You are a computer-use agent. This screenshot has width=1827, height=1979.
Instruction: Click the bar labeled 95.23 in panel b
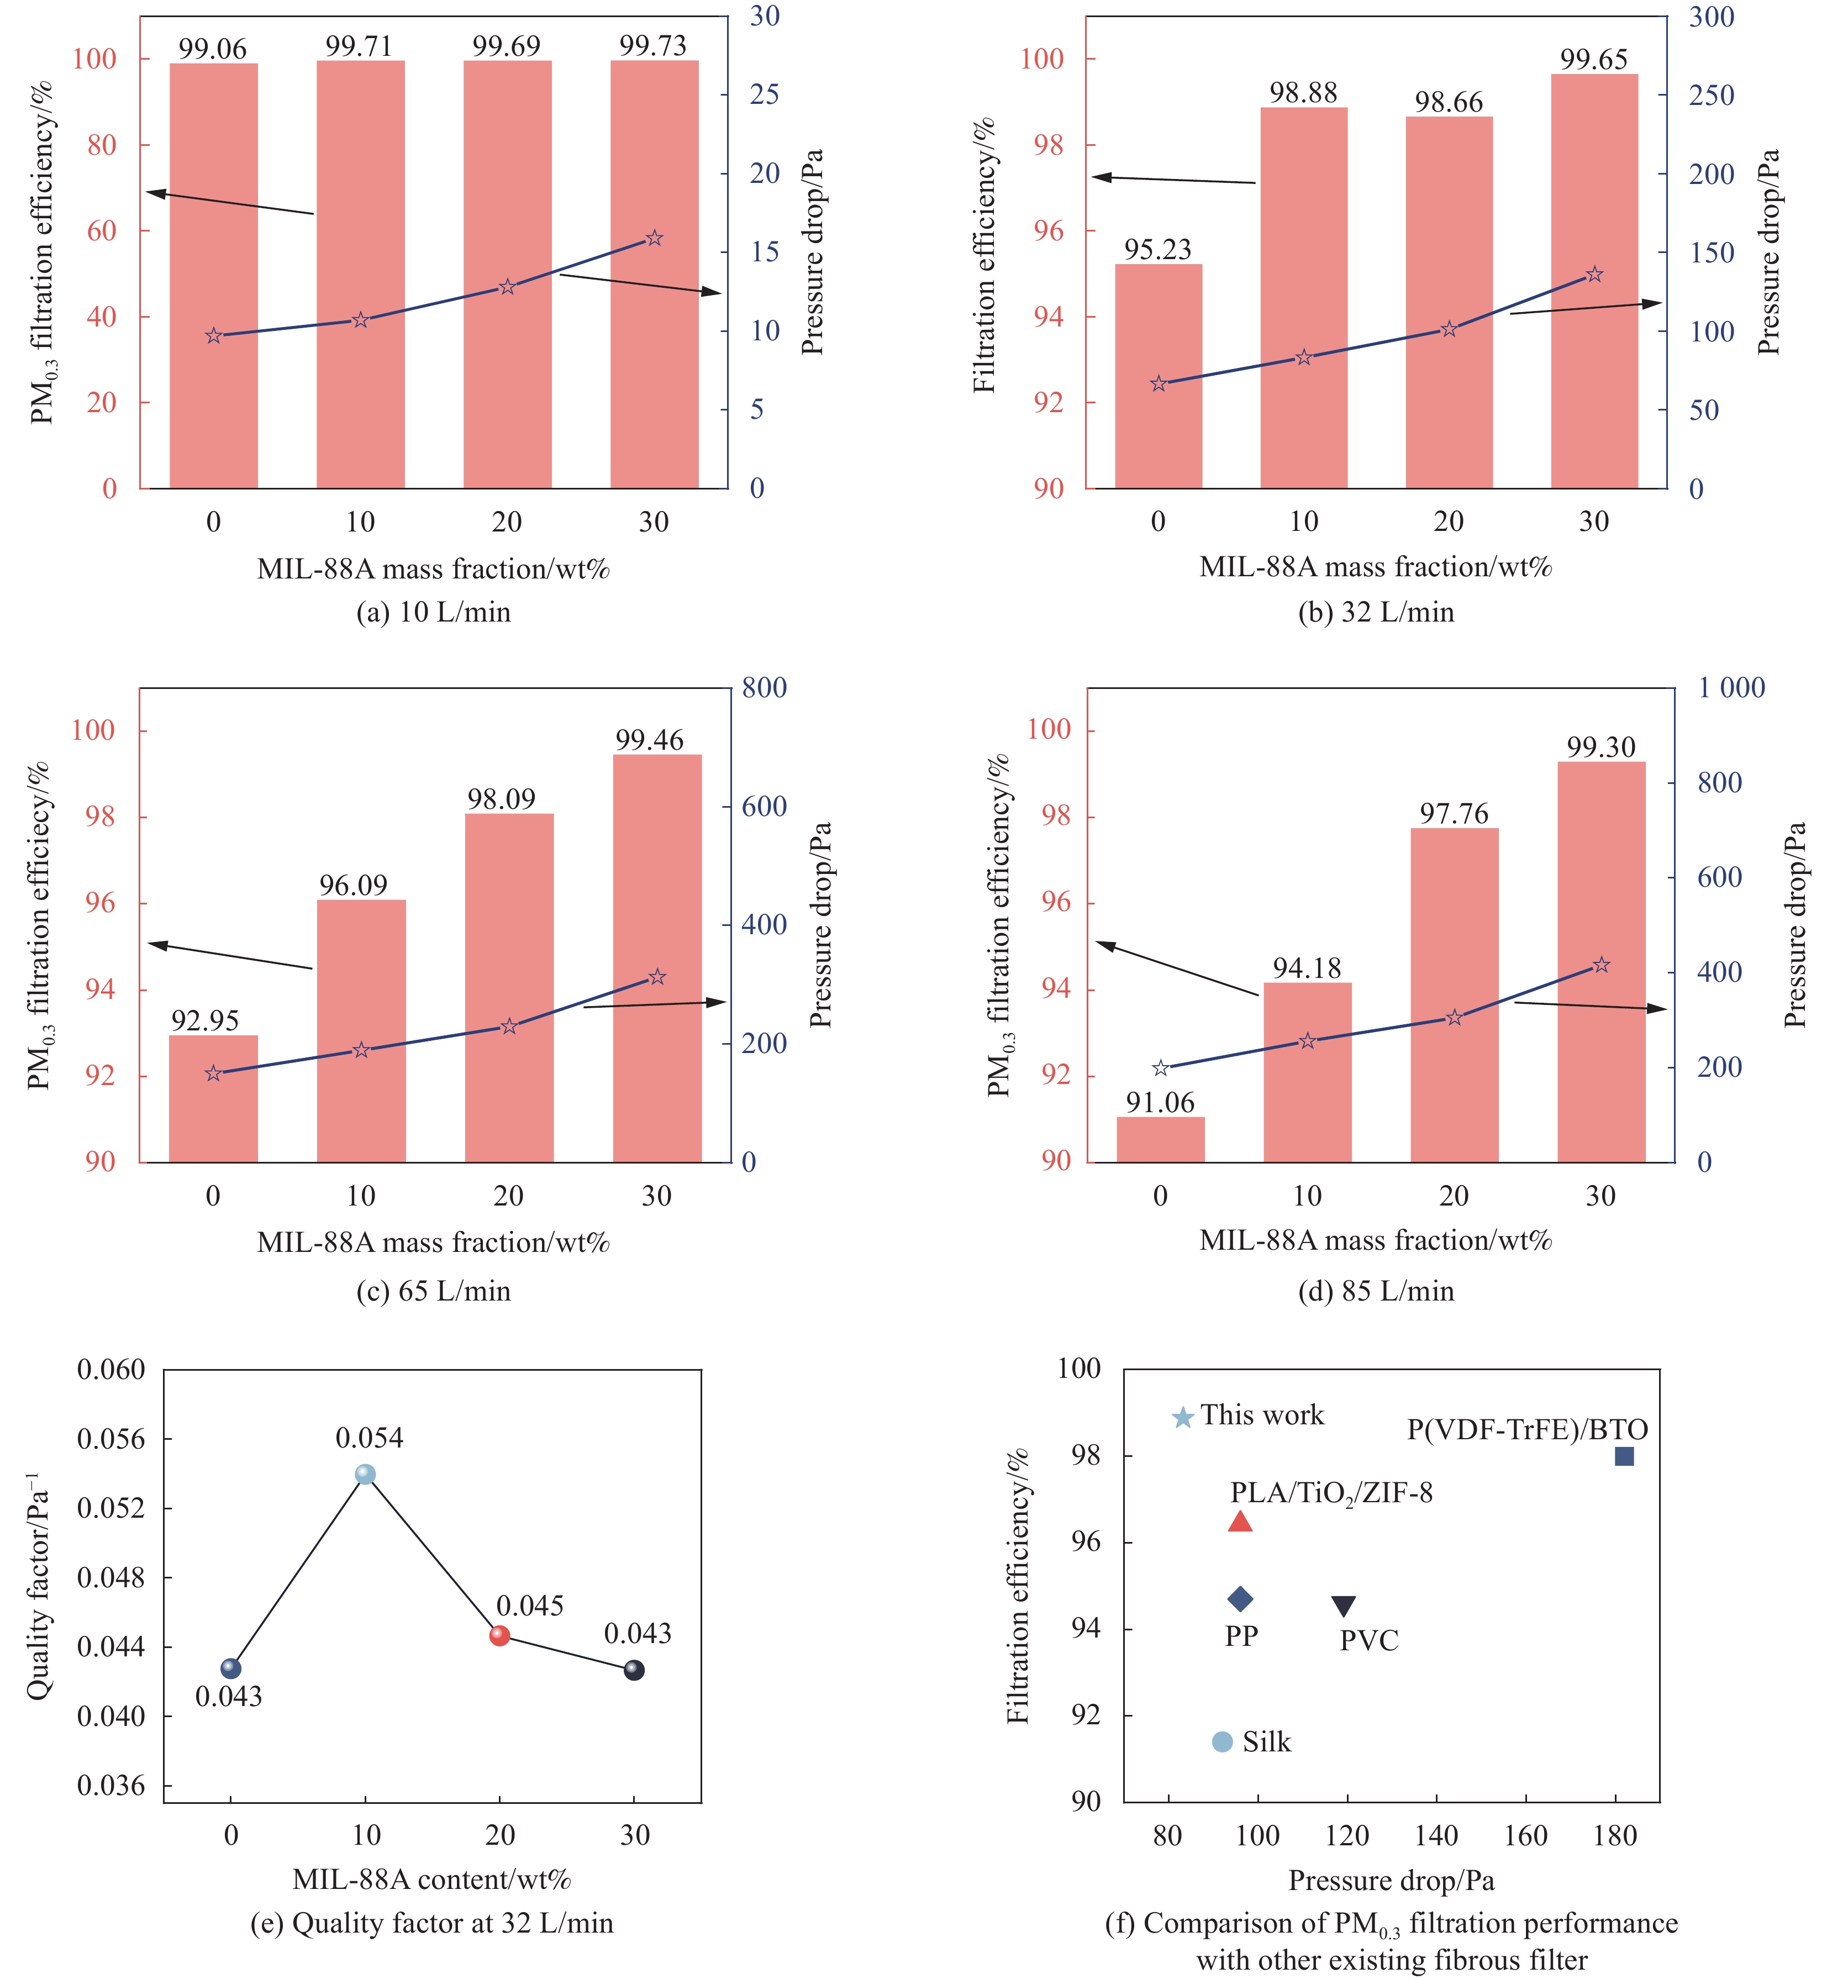1158,376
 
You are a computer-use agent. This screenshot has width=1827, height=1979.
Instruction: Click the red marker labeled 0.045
500,1636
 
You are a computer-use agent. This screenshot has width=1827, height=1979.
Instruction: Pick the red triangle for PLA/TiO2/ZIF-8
1240,1522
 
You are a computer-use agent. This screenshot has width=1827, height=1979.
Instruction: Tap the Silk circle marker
1222,1742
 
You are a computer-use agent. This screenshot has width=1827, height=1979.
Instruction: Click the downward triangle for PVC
1342,1606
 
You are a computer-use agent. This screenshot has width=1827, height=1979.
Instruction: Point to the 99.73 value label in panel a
652,45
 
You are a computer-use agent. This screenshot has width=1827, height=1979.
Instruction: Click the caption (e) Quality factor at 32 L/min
432,1923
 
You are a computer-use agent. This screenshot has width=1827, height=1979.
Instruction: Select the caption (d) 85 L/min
1376,1291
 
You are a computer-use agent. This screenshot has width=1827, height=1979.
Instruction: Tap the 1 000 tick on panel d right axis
1731,688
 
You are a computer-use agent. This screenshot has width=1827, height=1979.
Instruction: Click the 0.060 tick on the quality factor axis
110,1370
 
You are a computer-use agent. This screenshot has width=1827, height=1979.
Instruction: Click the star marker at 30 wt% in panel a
654,238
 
